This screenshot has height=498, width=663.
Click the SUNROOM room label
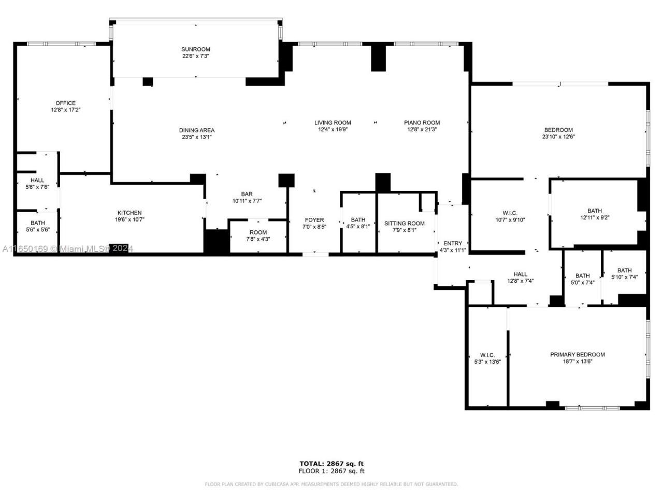(195, 49)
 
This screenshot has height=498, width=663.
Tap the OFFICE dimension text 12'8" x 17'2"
(66, 110)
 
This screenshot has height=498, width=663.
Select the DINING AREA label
(196, 130)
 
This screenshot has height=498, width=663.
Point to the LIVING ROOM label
(333, 123)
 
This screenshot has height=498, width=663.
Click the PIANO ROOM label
(422, 123)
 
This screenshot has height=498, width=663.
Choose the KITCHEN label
(129, 213)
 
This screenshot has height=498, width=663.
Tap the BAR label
(247, 194)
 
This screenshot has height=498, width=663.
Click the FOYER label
(314, 220)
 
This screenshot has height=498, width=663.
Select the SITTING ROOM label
(404, 224)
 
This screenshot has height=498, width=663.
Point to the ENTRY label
(452, 243)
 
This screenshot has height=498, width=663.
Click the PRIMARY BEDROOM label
(577, 355)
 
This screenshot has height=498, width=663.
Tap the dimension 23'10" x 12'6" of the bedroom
(558, 137)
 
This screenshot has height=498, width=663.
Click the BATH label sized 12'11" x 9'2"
(595, 211)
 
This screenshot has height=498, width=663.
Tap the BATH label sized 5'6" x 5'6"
(37, 223)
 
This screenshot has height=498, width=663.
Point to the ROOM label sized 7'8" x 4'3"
(258, 232)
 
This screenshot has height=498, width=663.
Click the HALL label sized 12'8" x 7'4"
(520, 274)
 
